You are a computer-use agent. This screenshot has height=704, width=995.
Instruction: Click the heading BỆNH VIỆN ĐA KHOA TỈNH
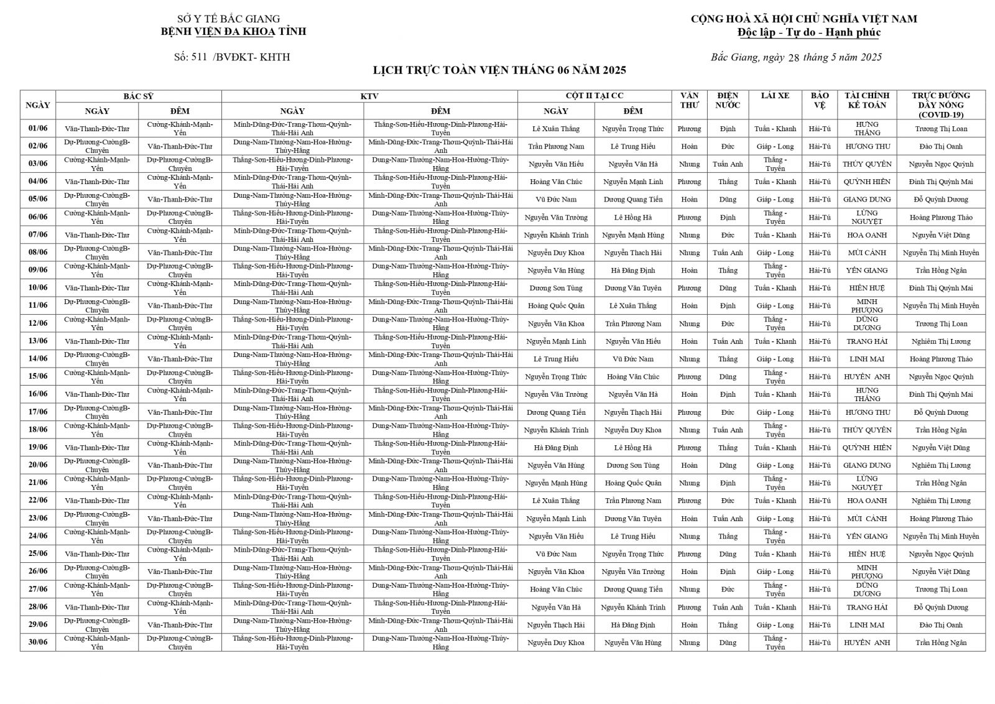point(233,31)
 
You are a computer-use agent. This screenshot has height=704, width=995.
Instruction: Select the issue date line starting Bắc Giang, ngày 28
point(796,58)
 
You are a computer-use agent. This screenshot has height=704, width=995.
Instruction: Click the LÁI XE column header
point(775,96)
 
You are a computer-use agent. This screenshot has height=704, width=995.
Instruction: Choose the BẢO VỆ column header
point(820,100)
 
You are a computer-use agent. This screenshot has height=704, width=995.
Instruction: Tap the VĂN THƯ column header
point(689,100)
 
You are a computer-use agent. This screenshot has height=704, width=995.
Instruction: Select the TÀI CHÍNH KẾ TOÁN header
point(867,100)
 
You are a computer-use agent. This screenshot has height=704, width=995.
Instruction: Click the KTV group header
point(369,96)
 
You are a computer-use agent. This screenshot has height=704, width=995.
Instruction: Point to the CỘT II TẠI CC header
point(594,96)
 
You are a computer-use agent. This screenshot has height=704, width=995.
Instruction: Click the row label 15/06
point(37,377)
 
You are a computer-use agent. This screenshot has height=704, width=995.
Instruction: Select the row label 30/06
point(37,642)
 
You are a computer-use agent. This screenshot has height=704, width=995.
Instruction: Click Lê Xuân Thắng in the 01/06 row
point(556,129)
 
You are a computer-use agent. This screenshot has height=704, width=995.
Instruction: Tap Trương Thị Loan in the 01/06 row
point(941,129)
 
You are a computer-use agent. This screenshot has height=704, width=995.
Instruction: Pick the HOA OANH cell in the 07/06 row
point(867,235)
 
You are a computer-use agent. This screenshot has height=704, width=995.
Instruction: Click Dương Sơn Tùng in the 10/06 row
point(556,288)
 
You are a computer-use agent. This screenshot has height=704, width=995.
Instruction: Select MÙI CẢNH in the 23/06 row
point(867,519)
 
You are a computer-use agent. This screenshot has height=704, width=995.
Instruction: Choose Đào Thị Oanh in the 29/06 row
point(941,625)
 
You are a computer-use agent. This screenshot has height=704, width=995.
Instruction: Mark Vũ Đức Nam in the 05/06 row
point(556,200)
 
